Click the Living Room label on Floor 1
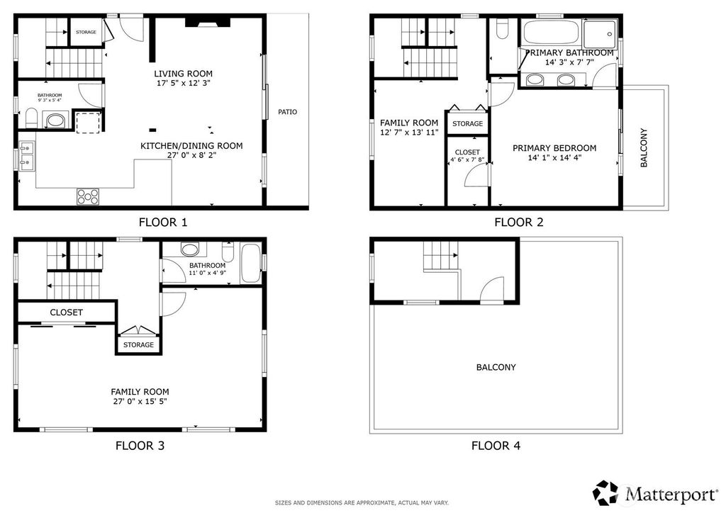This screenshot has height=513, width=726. coord(184,74)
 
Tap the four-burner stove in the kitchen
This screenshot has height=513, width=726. coord(88,196)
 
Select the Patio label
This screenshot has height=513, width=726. coord(288,112)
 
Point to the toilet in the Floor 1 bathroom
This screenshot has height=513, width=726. coord(31,118)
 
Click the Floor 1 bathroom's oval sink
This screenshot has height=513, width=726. coord(56,121)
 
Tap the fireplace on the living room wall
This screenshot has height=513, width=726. coord(208,22)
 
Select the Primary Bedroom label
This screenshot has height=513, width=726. coord(554,148)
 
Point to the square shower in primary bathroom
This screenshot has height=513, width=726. coord(600,34)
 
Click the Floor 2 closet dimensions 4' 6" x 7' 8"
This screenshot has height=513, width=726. coord(467,160)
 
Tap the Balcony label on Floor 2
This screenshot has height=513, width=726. coord(644,147)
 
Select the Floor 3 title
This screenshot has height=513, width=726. coord(140,446)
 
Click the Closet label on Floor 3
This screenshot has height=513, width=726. coord(66,312)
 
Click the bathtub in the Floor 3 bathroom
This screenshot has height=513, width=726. coord(251,263)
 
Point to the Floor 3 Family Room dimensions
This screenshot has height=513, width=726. coord(140,402)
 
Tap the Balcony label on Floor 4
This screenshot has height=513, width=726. coord(496,367)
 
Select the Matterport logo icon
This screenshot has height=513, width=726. coord(605,492)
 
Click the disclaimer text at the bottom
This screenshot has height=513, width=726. coord(362,503)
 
